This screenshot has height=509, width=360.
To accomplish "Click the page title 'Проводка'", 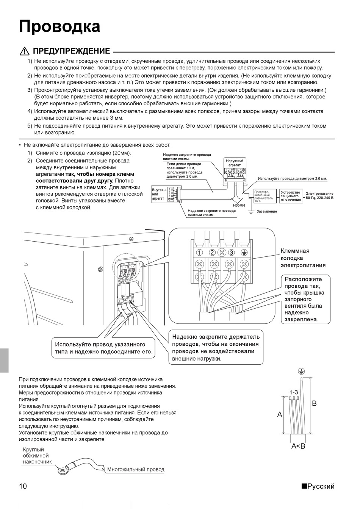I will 59,27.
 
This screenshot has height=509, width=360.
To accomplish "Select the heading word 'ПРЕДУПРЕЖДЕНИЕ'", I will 72,51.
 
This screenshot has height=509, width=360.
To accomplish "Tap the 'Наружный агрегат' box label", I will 235,163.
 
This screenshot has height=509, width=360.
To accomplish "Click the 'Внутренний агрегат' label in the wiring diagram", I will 159,194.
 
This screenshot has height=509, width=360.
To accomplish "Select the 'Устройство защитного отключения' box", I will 291,196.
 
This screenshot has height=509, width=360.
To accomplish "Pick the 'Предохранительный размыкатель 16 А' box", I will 263,196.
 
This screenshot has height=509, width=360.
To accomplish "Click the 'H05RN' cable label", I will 239,205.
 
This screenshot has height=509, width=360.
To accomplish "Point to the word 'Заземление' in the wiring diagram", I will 267,211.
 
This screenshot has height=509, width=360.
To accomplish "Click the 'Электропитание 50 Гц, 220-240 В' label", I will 319,196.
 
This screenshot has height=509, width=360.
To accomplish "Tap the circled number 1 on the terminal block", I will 199,253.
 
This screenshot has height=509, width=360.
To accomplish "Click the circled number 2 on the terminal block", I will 212,253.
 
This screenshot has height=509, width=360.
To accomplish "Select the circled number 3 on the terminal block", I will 232,253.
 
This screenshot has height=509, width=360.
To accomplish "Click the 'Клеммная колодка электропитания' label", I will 303,258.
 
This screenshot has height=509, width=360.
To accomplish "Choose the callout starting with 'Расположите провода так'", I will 304,299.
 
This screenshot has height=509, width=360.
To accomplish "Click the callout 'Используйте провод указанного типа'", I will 103,348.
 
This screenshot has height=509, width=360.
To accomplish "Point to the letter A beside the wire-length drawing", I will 280,415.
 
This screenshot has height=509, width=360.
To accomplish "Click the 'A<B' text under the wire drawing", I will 298,446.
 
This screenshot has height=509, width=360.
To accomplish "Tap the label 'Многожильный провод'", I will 136,470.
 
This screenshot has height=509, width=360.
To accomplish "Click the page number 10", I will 23,487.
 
